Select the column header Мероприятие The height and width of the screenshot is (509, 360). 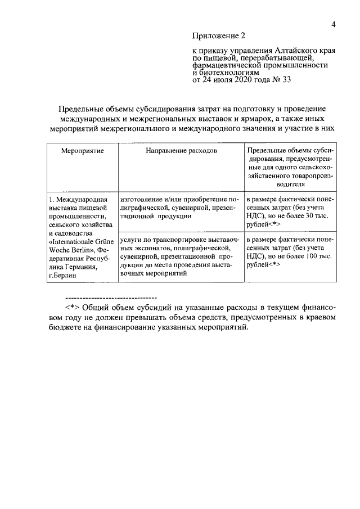point(81,151)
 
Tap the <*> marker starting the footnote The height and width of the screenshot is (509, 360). point(74,307)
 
